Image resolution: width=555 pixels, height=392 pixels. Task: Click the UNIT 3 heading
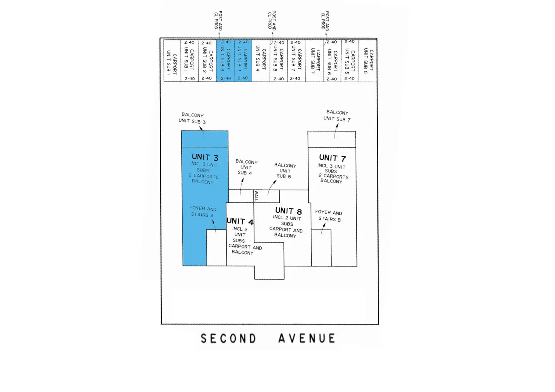pyautogui.click(x=205, y=157)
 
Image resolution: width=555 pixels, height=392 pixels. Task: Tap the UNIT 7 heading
pyautogui.click(x=332, y=158)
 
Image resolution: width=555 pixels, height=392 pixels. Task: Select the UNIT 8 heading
pyautogui.click(x=288, y=211)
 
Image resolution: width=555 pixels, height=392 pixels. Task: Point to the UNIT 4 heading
pyautogui.click(x=240, y=221)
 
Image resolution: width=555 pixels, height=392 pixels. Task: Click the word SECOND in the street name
pyautogui.click(x=228, y=338)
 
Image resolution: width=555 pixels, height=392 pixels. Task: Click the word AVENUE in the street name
pyautogui.click(x=307, y=338)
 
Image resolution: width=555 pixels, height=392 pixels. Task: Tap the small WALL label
pyautogui.click(x=256, y=196)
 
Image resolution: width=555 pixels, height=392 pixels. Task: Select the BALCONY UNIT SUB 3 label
pyautogui.click(x=192, y=118)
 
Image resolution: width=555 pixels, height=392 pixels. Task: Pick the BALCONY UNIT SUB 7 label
pyautogui.click(x=337, y=116)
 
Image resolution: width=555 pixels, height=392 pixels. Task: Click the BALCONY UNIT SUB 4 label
pyautogui.click(x=246, y=167)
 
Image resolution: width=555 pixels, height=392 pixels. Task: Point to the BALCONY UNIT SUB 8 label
pyautogui.click(x=285, y=171)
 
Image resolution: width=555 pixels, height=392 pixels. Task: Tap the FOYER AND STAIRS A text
pyautogui.click(x=203, y=211)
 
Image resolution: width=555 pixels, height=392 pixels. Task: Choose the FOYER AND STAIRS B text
pyautogui.click(x=329, y=216)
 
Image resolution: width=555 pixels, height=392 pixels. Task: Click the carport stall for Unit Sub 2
pyautogui.click(x=207, y=60)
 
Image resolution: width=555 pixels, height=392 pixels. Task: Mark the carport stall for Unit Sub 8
pyautogui.click(x=279, y=60)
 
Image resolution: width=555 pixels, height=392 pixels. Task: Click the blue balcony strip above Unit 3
pyautogui.click(x=205, y=139)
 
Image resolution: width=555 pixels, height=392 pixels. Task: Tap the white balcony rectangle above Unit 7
pyautogui.click(x=332, y=139)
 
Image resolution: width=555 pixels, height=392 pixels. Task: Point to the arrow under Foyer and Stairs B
pyautogui.click(x=323, y=229)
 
